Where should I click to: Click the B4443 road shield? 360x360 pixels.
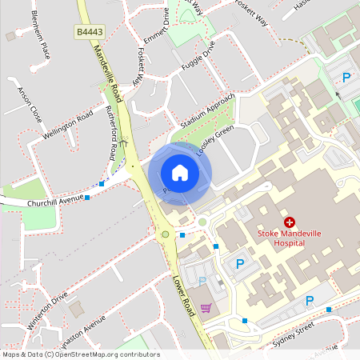pyautogui.click(x=89, y=32)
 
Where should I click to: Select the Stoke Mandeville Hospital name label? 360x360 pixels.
pyautogui.click(x=289, y=238)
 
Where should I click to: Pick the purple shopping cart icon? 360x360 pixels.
pyautogui.click(x=206, y=307)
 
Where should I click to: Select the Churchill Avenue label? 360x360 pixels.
pyautogui.click(x=55, y=200)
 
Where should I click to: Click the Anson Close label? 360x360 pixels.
pyautogui.click(x=29, y=103)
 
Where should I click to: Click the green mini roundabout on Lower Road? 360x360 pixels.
pyautogui.click(x=166, y=234)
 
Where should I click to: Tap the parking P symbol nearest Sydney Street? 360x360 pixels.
pyautogui.click(x=309, y=302)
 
